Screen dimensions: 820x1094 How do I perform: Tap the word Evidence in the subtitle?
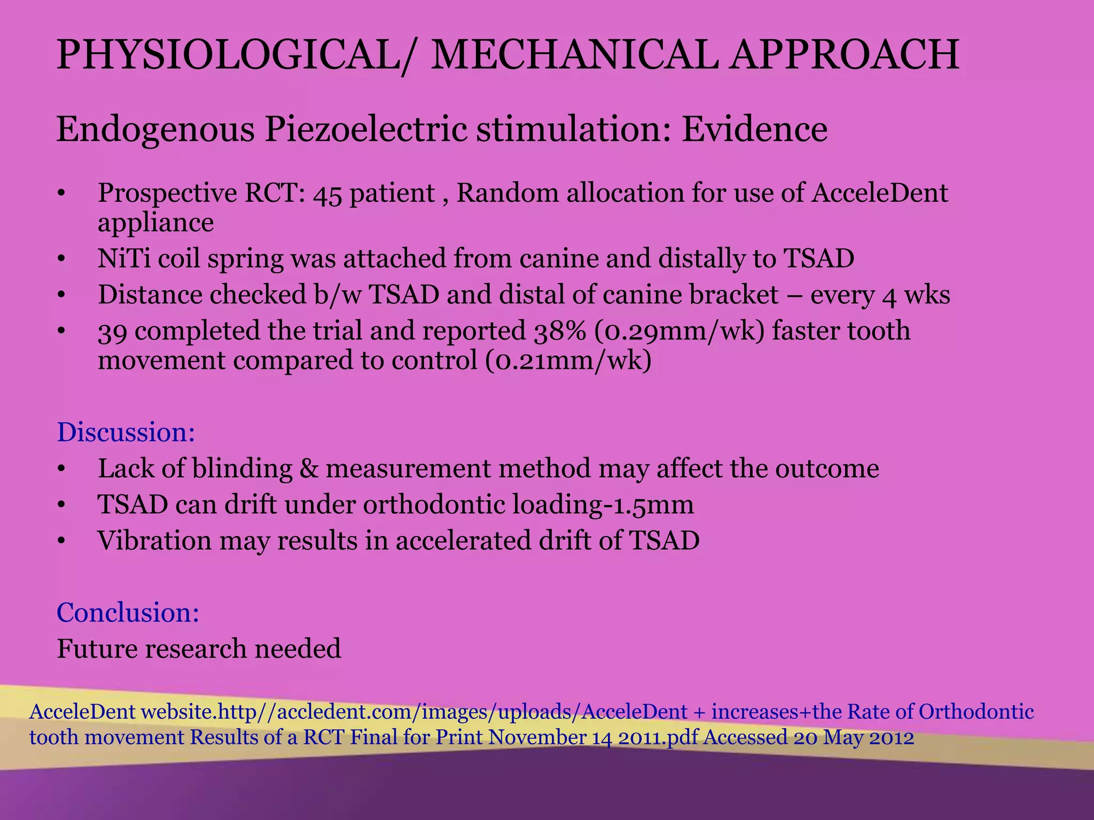click(x=754, y=130)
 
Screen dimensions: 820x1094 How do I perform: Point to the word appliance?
click(x=155, y=223)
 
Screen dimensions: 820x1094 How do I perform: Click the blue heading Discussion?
click(x=126, y=432)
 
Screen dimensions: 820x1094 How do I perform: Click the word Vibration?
click(x=154, y=540)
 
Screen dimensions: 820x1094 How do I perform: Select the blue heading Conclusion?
click(x=128, y=612)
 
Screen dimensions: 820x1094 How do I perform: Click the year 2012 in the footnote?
click(x=892, y=738)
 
